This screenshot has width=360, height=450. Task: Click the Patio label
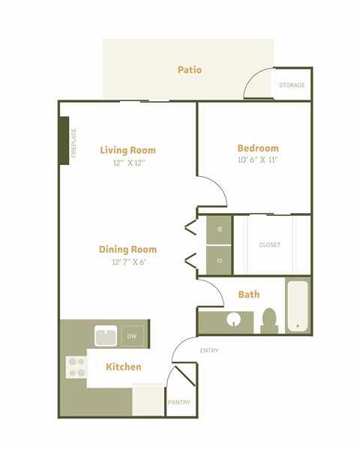tap(190, 70)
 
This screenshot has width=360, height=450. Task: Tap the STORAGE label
tap(292, 85)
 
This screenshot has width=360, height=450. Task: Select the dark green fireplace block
tap(64, 141)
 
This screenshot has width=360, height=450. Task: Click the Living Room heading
tap(127, 150)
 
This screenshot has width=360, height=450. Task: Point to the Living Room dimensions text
tap(129, 163)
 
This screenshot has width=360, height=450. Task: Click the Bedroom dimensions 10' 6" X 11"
tap(258, 160)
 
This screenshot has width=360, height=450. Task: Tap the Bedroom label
tap(258, 148)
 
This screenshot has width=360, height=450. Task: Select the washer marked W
tap(219, 230)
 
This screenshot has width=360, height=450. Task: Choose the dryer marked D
tap(219, 260)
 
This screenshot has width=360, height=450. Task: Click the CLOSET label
tap(269, 244)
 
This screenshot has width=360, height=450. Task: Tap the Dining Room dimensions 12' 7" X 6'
tap(129, 262)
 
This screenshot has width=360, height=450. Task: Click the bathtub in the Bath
tap(298, 306)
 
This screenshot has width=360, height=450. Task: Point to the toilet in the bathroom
tap(269, 321)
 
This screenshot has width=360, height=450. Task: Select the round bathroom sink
tap(234, 319)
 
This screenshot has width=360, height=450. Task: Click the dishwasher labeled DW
tap(132, 336)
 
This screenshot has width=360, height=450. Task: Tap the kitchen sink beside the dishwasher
tap(106, 336)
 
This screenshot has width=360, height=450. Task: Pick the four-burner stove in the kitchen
tap(76, 367)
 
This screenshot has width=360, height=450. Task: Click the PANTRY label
tap(179, 402)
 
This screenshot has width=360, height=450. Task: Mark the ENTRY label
tap(209, 350)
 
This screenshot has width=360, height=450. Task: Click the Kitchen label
tap(124, 367)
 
